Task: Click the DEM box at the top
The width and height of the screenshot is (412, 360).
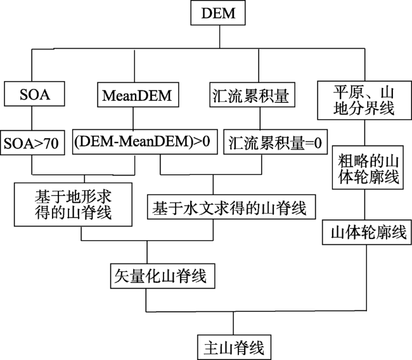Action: click(218, 13)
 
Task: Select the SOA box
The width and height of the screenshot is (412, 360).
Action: click(34, 94)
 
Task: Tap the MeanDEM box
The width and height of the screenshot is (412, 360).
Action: click(138, 94)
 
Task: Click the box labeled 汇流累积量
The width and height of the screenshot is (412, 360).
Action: click(252, 94)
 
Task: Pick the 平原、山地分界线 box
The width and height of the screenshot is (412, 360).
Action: click(364, 100)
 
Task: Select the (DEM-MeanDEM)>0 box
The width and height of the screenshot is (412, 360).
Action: click(145, 141)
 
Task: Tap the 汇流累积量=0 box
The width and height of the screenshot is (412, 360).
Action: click(275, 141)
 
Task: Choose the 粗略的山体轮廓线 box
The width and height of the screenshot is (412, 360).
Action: click(368, 168)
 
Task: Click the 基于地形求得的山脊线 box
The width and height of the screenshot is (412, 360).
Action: click(73, 205)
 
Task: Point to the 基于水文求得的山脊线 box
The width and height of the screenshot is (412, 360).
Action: click(231, 207)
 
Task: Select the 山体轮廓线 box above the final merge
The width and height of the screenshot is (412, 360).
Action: click(367, 233)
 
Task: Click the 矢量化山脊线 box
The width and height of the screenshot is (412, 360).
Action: click(163, 276)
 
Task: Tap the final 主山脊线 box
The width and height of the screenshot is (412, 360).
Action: click(234, 347)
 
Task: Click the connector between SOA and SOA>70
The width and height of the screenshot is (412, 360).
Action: click(32, 119)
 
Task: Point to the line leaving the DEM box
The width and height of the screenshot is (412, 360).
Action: click(220, 37)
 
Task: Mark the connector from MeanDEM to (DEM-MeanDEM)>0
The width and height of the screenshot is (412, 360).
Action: click(133, 118)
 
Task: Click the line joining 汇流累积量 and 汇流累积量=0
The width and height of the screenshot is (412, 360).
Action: click(260, 119)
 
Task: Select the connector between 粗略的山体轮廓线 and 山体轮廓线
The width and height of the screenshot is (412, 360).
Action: click(364, 205)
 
